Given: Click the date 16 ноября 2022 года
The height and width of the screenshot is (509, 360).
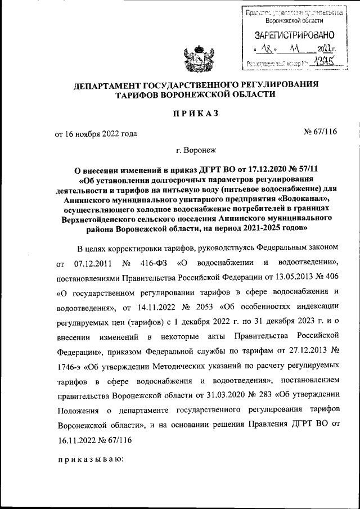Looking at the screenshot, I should pyautogui.click(x=101, y=133).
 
